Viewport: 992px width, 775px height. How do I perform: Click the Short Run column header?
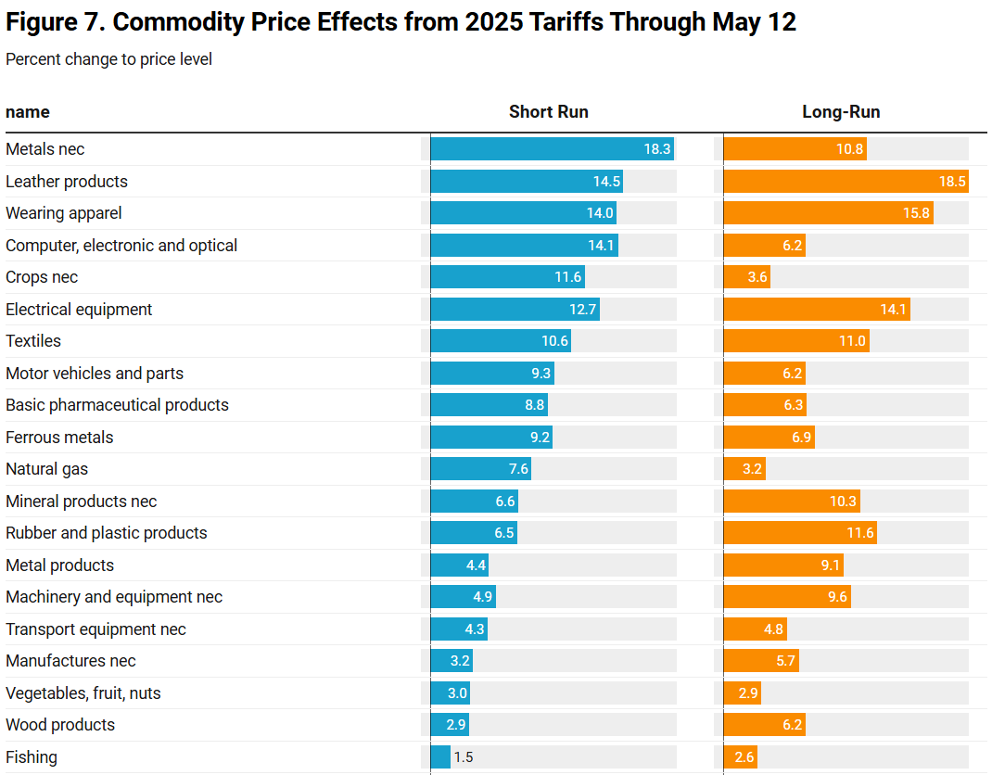tap(548, 112)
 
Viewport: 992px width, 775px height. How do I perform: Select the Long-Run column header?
tap(841, 112)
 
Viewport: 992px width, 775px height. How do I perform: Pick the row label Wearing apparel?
tap(64, 213)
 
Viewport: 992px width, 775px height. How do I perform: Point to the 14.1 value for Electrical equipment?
tap(893, 310)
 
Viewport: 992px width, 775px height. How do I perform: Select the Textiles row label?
tap(33, 341)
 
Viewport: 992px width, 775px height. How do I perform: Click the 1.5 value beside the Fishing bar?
tap(464, 757)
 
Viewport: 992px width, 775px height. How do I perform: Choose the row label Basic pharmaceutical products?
tap(117, 405)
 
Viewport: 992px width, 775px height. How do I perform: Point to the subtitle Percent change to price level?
tap(108, 59)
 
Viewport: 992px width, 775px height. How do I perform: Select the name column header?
tap(28, 112)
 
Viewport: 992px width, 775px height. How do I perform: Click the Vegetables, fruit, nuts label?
tap(83, 693)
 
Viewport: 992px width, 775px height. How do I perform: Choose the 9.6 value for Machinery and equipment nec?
tap(837, 597)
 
